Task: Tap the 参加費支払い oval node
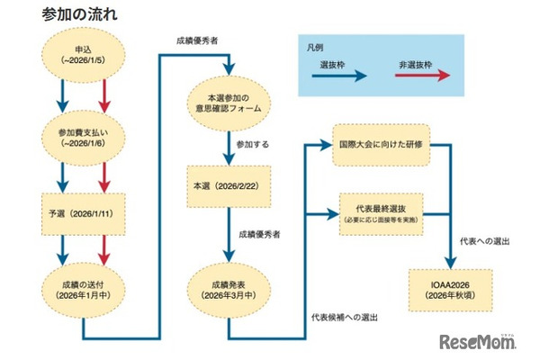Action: pos(82,134)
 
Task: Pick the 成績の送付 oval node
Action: pos(82,287)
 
